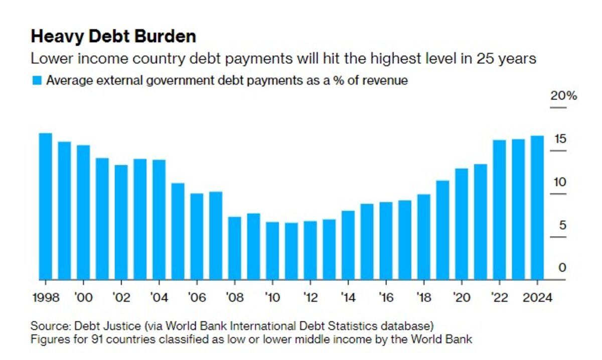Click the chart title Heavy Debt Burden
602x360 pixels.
113,37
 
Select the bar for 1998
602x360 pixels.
46,206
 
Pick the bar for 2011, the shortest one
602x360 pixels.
291,251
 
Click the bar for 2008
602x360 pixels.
235,248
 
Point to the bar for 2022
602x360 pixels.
499,209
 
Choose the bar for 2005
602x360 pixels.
178,231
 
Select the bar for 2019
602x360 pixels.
442,230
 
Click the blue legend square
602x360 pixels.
37,80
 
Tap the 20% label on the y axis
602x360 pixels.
563,96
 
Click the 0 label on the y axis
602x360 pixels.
562,268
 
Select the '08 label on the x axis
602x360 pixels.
234,297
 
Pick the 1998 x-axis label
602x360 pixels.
45,297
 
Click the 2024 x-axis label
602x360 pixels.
537,297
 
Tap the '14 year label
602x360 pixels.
348,297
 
